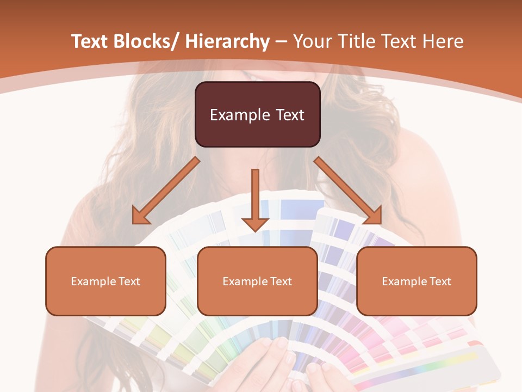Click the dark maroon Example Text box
pyautogui.click(x=257, y=114)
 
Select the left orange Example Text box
pyautogui.click(x=105, y=281)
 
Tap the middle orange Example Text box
pyautogui.click(x=257, y=281)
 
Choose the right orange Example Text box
pyautogui.click(x=417, y=281)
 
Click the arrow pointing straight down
pyautogui.click(x=255, y=199)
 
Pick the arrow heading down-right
pyautogui.click(x=348, y=191)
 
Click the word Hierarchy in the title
pyautogui.click(x=227, y=41)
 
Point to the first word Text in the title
pyautogui.click(x=89, y=41)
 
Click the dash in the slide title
pyautogui.click(x=281, y=42)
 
